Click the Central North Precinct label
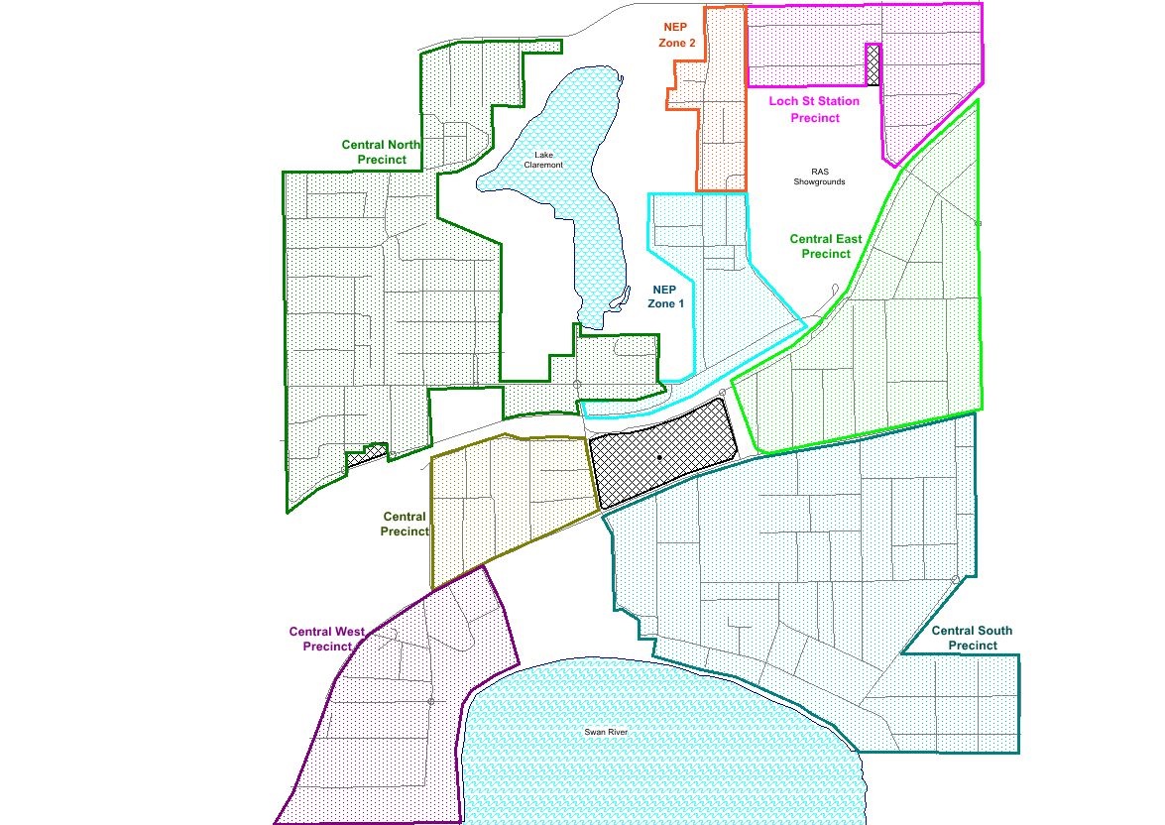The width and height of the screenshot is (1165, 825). [381, 152]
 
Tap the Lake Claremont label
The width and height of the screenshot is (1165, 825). [547, 160]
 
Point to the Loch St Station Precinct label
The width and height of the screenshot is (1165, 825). [815, 109]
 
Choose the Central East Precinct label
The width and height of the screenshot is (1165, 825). [826, 246]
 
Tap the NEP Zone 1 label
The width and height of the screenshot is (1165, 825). [666, 296]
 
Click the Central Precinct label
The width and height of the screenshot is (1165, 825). [405, 524]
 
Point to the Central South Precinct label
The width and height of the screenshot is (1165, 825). [972, 638]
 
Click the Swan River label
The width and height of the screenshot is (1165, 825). [606, 732]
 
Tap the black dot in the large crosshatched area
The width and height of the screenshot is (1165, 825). [658, 457]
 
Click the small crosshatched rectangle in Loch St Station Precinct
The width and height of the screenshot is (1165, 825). [873, 65]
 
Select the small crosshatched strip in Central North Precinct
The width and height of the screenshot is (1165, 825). [365, 455]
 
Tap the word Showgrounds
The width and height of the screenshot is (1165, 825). [819, 182]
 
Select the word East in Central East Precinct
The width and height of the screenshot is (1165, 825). [846, 239]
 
